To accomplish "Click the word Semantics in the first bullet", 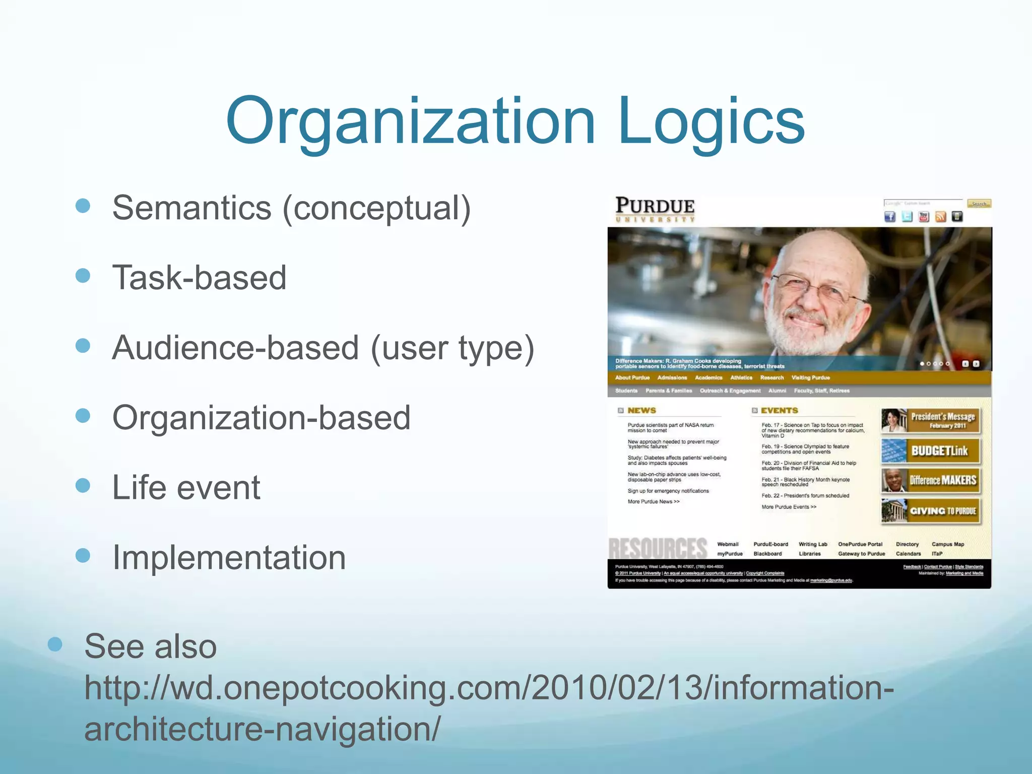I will tap(191, 208).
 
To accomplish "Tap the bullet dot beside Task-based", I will tap(83, 276).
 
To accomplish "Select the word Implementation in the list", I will tap(229, 557).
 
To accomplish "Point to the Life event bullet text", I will tap(186, 487).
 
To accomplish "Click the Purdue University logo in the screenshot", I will tap(655, 209).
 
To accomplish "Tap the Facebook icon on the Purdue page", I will tap(890, 217).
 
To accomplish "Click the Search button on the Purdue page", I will tap(979, 204).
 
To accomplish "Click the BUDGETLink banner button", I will tap(931, 450).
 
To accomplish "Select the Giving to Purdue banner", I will tap(931, 511).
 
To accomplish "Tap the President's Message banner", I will tap(931, 420).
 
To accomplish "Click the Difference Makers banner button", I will tap(931, 481).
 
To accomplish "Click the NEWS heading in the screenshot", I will tap(641, 411).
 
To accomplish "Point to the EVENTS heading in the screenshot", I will tap(779, 411).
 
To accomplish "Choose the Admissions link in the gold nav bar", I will tap(672, 377).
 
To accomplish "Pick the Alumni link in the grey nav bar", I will tap(777, 391).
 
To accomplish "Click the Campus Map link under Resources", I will tap(947, 544).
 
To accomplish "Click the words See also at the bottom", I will tap(150, 647).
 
